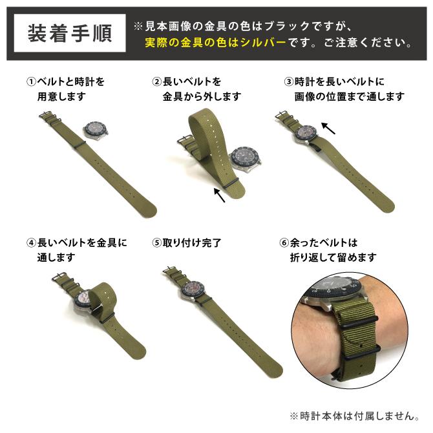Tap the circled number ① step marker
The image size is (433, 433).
31,83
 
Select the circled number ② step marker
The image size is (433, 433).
156,83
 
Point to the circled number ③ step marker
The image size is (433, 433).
289,83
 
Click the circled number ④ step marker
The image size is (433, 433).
31,244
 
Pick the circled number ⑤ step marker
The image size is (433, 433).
156,244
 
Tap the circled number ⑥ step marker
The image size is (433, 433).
284,244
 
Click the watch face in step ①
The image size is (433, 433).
96,129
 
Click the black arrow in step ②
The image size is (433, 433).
219,195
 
